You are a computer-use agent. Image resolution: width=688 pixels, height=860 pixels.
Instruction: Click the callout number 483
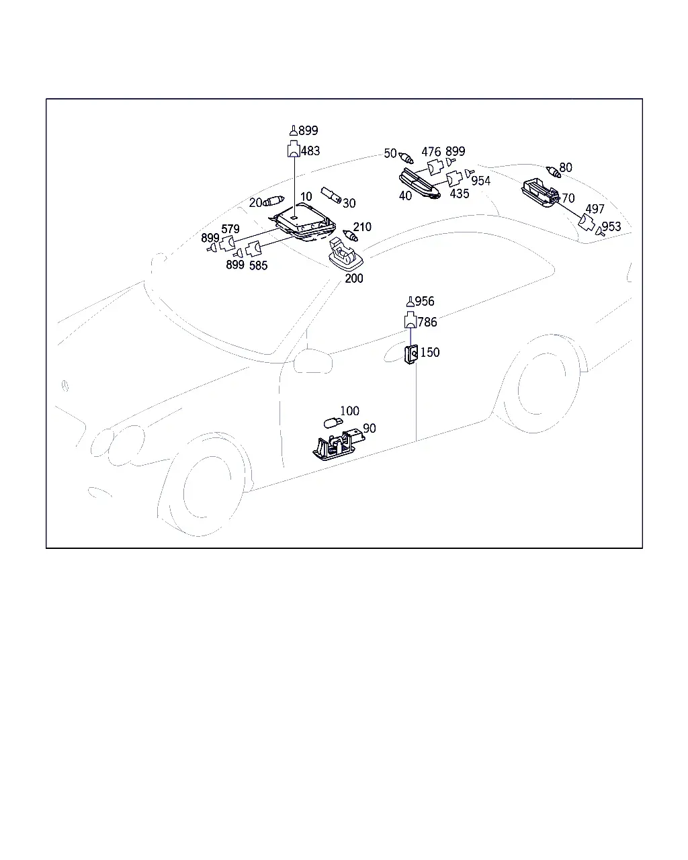click(x=310, y=151)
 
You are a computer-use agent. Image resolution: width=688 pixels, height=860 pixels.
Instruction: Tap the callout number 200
click(x=354, y=279)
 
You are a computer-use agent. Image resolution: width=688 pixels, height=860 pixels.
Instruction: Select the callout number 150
click(x=430, y=353)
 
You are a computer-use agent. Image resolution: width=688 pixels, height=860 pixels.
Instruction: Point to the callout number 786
click(x=427, y=322)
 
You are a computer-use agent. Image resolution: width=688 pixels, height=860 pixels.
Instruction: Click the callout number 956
click(x=425, y=301)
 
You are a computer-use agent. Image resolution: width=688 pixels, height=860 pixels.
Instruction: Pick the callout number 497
click(x=595, y=209)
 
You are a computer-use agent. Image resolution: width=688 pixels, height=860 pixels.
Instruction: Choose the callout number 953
click(x=611, y=226)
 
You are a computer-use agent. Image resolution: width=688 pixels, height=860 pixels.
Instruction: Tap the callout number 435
click(x=460, y=193)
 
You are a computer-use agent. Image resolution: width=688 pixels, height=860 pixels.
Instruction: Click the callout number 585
click(x=258, y=265)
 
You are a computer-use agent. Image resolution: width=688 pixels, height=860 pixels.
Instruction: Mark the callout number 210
click(x=362, y=227)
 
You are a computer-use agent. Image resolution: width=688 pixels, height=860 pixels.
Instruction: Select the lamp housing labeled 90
click(x=338, y=445)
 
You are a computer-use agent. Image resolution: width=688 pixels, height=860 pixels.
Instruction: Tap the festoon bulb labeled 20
click(x=273, y=201)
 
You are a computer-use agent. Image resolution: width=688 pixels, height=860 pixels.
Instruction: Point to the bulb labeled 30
click(x=331, y=195)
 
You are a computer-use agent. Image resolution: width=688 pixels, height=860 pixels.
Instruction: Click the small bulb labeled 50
click(x=406, y=158)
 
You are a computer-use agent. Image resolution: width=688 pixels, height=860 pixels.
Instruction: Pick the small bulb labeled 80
click(x=554, y=172)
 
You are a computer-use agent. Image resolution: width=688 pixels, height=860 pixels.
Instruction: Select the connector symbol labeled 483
click(x=294, y=148)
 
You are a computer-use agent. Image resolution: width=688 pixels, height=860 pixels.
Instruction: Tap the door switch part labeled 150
click(x=411, y=355)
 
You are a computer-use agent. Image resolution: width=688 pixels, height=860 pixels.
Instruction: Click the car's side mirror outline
click(x=312, y=361)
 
